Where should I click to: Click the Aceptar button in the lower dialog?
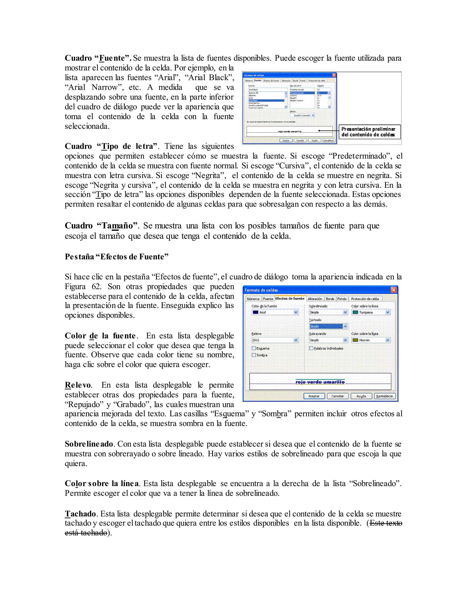pos(314,396)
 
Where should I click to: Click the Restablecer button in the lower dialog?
pos(384,396)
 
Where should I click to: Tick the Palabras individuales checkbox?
pos(311,348)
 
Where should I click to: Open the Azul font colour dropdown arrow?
pos(296,312)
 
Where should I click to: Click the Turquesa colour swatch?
pos(355,312)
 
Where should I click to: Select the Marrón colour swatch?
pos(355,340)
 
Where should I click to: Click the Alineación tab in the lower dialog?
pos(315,299)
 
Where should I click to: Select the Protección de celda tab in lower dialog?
pos(365,299)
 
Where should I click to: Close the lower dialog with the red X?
pos(394,290)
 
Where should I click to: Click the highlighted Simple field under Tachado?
pos(326,326)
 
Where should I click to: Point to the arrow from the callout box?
pos(328,131)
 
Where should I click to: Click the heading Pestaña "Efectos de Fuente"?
pos(117,257)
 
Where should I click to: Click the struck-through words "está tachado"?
pos(86,533)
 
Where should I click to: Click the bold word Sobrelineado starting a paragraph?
pos(89,444)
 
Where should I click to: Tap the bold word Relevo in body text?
pos(78,385)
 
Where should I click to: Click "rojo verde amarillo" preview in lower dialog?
pos(320,382)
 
